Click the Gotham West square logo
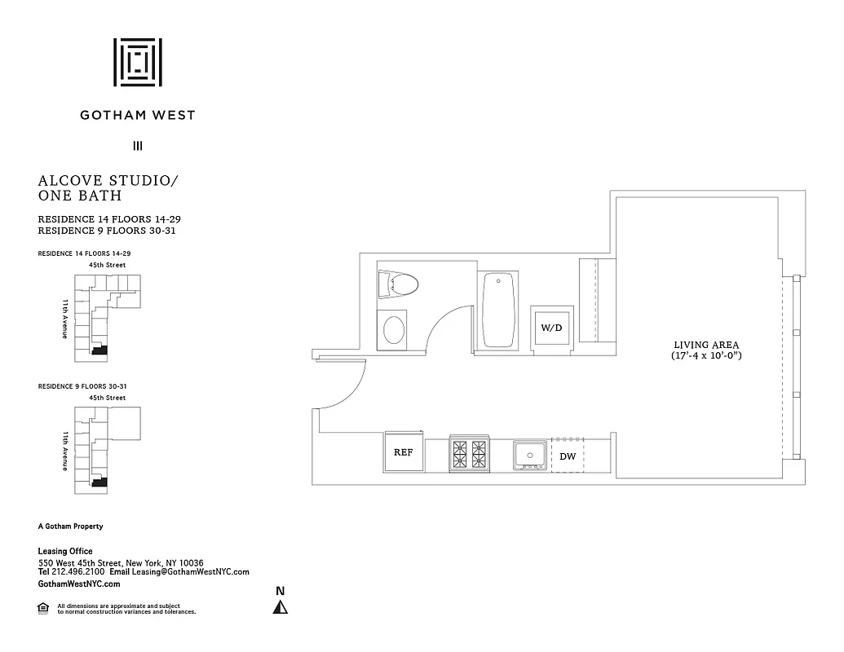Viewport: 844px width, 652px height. (137, 61)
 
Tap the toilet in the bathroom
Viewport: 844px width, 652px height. (399, 284)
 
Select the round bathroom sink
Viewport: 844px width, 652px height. (394, 330)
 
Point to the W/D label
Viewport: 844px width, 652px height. (551, 328)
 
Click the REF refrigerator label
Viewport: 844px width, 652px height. (404, 452)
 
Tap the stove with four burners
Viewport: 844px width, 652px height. (468, 453)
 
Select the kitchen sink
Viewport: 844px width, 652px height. (528, 454)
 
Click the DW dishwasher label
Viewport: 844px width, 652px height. (568, 456)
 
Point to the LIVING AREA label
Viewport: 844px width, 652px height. (706, 344)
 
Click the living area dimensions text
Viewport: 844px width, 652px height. (706, 356)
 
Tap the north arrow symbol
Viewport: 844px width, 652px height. (281, 606)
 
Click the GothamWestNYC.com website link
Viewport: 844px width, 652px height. (79, 584)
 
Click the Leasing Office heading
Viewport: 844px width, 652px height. (65, 552)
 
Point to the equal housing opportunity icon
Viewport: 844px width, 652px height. (42, 607)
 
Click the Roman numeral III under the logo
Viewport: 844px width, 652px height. (138, 147)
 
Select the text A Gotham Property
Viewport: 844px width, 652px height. (71, 526)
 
